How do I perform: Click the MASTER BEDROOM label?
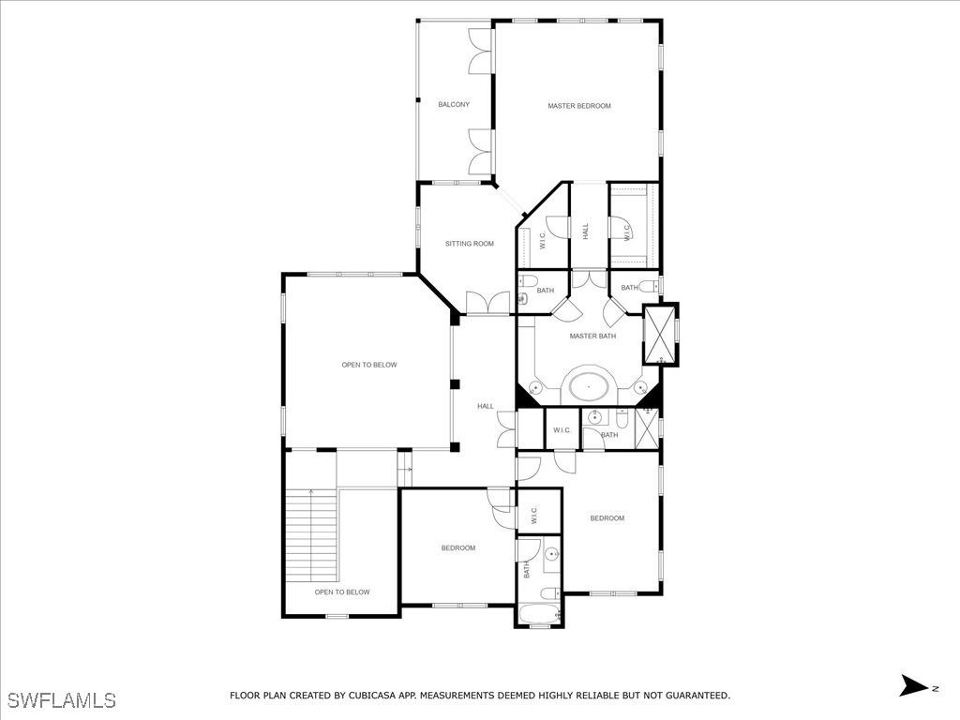579,106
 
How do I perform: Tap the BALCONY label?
454,104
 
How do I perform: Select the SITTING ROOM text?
469,244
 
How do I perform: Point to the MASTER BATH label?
592,336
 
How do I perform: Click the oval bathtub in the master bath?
588,384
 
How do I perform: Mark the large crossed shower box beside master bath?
661,334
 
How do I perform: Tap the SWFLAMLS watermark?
61,699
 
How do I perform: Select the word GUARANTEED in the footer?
693,696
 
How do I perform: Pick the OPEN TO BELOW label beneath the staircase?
342,592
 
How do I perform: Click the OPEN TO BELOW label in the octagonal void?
369,365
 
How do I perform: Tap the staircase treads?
310,534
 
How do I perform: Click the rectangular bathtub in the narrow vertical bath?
539,615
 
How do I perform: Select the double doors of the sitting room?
487,303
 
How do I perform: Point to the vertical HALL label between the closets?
586,231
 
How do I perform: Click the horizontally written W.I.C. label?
562,430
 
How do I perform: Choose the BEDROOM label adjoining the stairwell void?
458,547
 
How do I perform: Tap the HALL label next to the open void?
486,406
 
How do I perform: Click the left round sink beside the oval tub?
535,386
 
